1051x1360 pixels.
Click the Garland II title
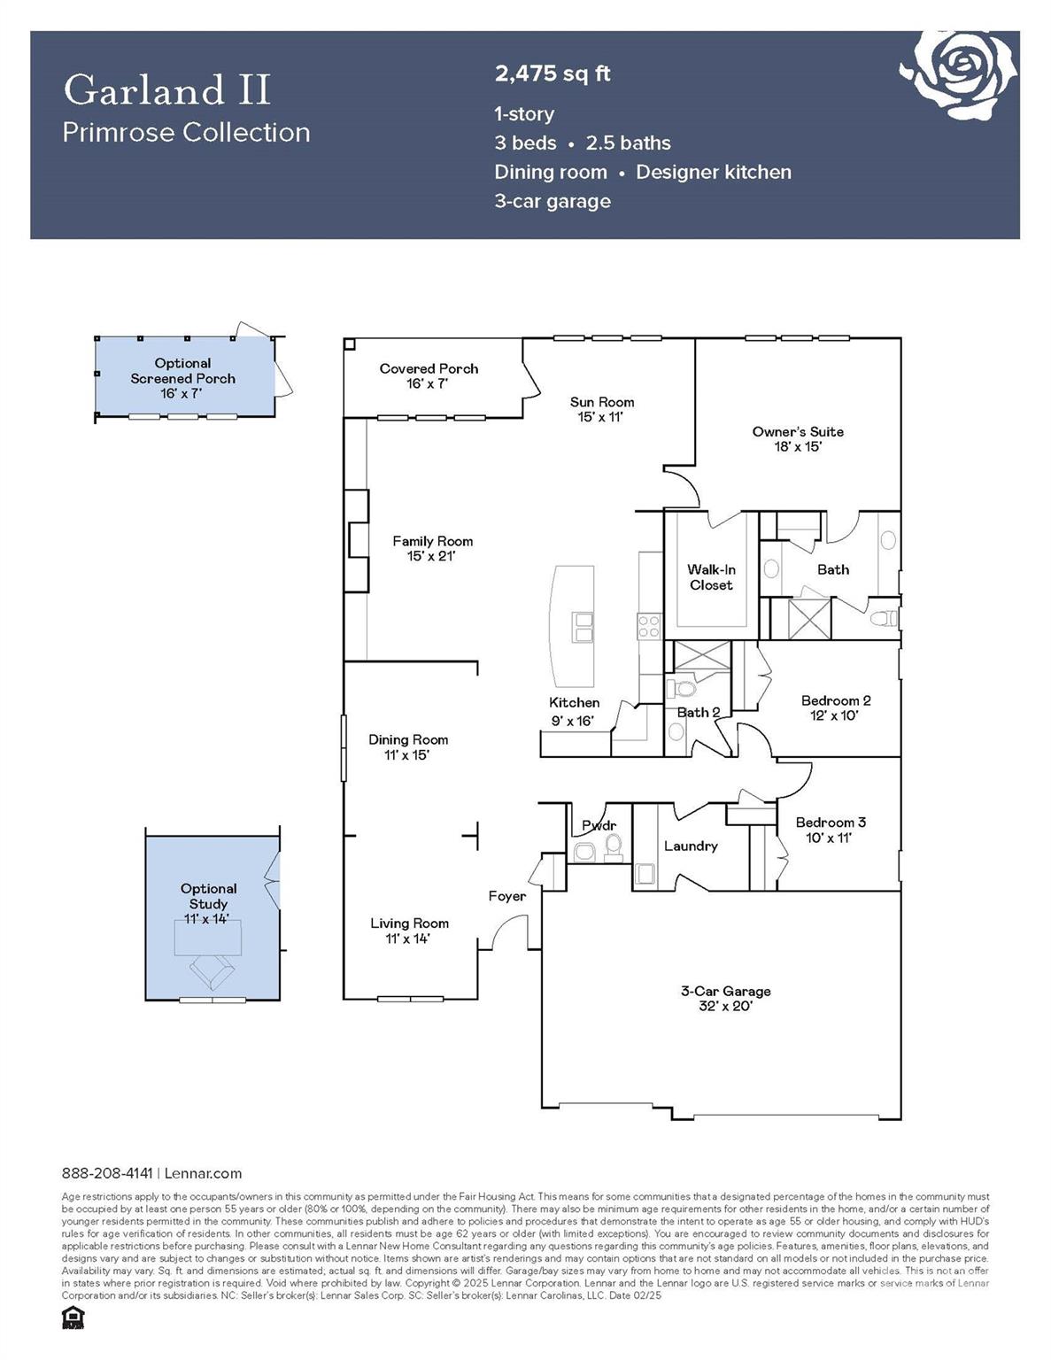tap(166, 90)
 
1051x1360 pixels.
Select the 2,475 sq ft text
tap(553, 73)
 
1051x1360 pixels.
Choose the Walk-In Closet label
tap(711, 577)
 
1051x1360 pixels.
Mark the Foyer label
tap(507, 896)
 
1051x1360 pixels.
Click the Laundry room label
tap(691, 846)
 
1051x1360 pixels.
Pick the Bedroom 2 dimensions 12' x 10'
tap(835, 715)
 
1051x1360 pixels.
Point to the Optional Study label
tap(208, 896)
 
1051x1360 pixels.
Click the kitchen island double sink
tap(583, 627)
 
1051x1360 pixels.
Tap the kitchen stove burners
tap(649, 627)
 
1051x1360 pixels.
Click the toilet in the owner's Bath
tap(884, 618)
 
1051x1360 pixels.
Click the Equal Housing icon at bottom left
tap(72, 1317)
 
